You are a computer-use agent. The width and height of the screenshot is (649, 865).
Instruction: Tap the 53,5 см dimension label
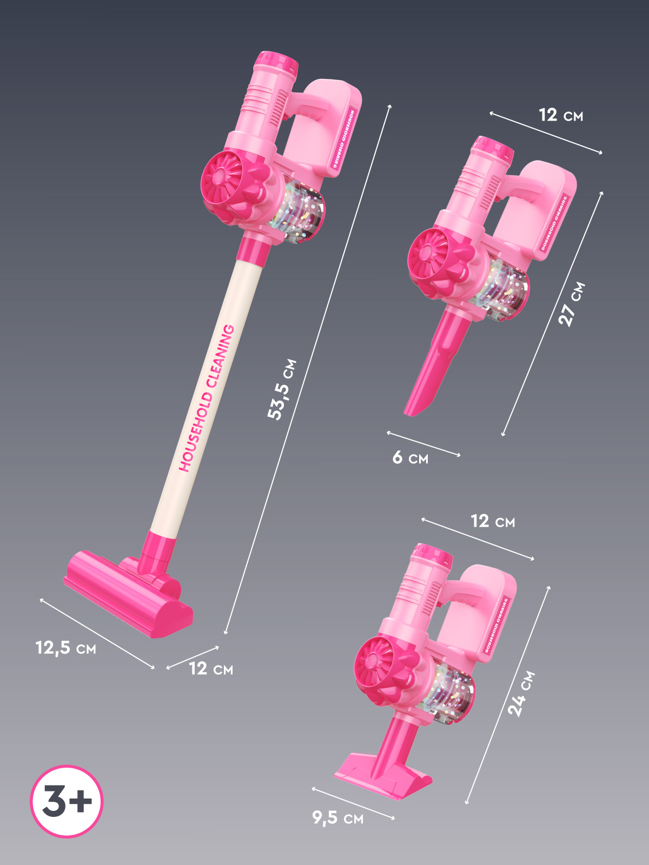coord(281,389)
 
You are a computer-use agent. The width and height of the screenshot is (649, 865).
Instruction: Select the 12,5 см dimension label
coord(66,648)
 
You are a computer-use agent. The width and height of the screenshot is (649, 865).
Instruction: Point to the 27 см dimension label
coord(572,304)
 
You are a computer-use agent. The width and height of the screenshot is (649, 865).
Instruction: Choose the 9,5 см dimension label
coord(337,815)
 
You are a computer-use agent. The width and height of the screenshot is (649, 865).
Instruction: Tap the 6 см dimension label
coord(410,457)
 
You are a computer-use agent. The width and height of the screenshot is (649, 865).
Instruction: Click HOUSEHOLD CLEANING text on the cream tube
coord(207,398)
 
